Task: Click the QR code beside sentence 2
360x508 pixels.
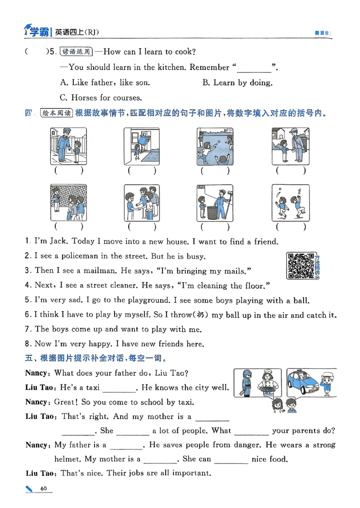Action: pos(301,265)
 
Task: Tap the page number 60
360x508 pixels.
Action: pos(44,489)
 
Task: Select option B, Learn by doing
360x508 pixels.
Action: pos(238,83)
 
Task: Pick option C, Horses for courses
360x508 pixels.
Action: pos(101,98)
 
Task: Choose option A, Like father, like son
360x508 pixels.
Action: pos(105,83)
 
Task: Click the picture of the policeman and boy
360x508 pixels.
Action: pos(68,146)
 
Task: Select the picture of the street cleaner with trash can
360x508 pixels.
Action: pos(215,203)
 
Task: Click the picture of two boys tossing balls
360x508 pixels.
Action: pos(291,203)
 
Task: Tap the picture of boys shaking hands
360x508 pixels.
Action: pos(142,203)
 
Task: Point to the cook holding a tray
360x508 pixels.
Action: pos(268,382)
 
